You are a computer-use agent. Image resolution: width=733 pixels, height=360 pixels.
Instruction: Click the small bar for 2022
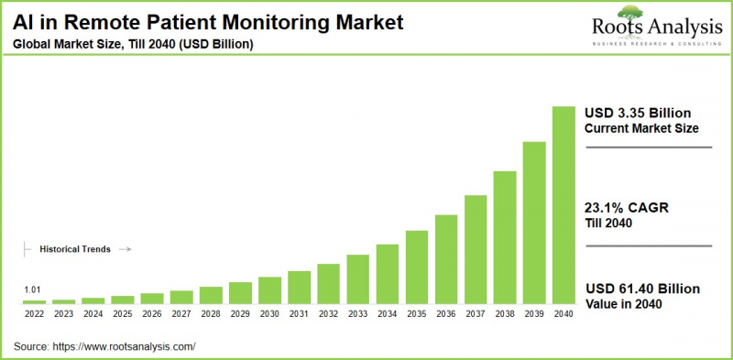[x=34, y=301]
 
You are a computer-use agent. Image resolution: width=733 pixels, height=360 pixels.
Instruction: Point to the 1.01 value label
[x=33, y=289]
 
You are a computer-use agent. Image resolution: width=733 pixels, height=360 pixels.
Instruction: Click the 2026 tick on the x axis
[x=152, y=313]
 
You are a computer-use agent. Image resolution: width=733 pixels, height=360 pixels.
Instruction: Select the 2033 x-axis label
[x=357, y=313]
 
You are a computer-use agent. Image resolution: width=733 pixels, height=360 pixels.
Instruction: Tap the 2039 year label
[x=534, y=313]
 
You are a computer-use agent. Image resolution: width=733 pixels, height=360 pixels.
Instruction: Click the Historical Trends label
[x=75, y=248]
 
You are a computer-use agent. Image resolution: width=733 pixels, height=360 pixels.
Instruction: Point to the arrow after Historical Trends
[x=126, y=248]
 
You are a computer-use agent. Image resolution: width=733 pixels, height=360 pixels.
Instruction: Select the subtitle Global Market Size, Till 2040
[x=127, y=44]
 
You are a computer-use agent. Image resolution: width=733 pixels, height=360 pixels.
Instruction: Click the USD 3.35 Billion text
[x=642, y=112]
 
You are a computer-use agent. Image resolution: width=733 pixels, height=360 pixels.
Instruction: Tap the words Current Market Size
[x=640, y=128]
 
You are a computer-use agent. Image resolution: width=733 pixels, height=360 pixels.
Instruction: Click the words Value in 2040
[x=623, y=304]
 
